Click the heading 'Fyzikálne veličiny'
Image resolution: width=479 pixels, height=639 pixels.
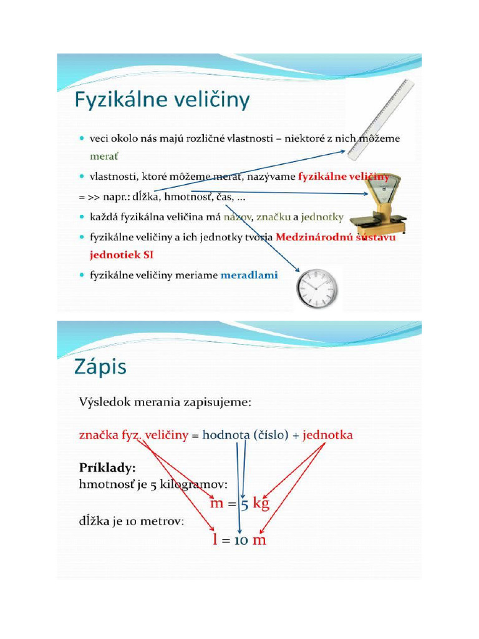pyautogui.click(x=162, y=101)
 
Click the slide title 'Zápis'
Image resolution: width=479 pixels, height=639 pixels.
pyautogui.click(x=100, y=367)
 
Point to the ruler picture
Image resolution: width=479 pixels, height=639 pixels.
pyautogui.click(x=380, y=119)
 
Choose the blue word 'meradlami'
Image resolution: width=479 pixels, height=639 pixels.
pyautogui.click(x=249, y=275)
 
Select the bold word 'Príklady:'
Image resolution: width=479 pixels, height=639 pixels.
pyautogui.click(x=108, y=467)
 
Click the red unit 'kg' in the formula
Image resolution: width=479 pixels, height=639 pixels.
pyautogui.click(x=257, y=504)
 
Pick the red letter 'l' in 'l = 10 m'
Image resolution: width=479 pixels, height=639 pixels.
pyautogui.click(x=215, y=540)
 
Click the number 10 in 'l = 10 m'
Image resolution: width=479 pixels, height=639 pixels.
pyautogui.click(x=241, y=540)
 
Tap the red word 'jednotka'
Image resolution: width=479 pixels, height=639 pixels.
pyautogui.click(x=328, y=435)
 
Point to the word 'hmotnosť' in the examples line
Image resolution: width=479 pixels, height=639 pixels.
pyautogui.click(x=103, y=485)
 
